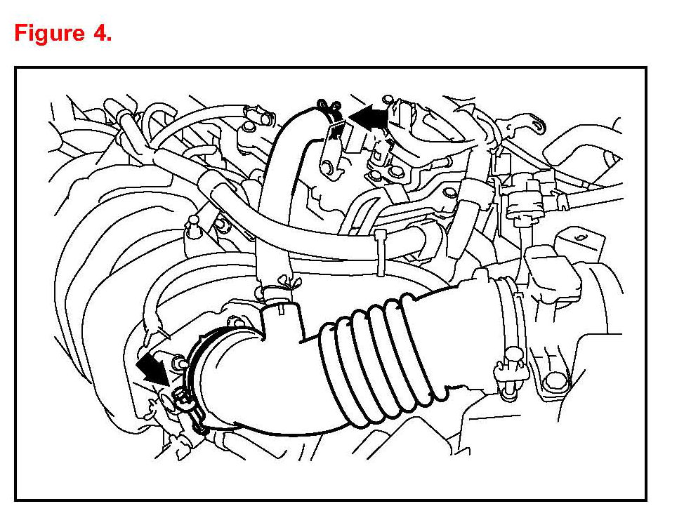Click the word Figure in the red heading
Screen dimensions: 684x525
(x=49, y=33)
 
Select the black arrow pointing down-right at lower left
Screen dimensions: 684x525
(x=152, y=368)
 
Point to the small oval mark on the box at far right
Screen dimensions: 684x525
(x=580, y=238)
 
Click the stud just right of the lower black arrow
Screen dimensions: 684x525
(x=178, y=363)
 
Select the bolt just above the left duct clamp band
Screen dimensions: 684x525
(x=238, y=323)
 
